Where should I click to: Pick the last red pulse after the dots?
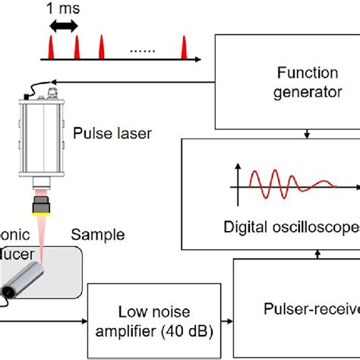click(x=183, y=50)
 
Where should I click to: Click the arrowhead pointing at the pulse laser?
click(x=53, y=82)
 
